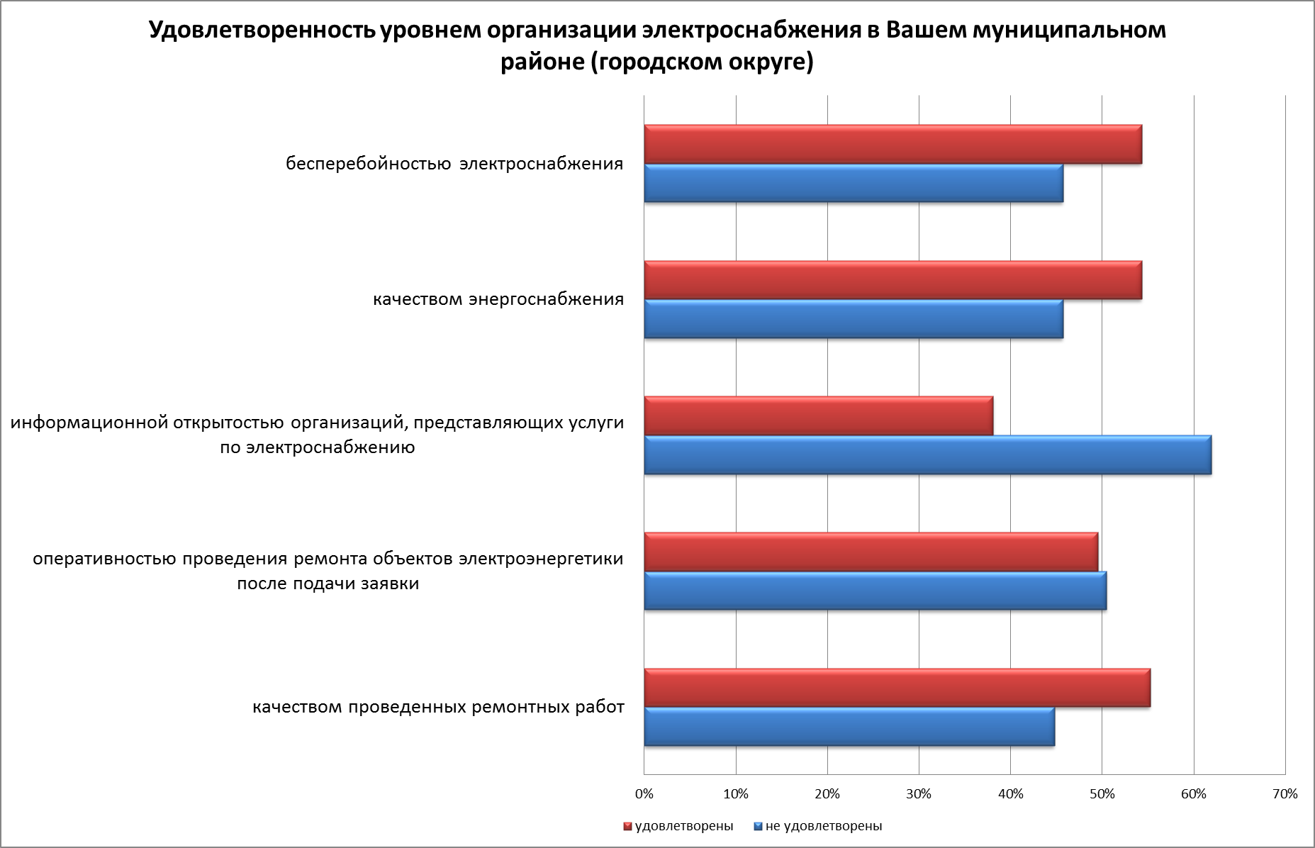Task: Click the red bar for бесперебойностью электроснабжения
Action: pyautogui.click(x=892, y=145)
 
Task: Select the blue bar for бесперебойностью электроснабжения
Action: pyautogui.click(x=854, y=184)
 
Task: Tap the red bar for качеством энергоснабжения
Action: pyautogui.click(x=892, y=281)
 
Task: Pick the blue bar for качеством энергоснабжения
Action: pyautogui.click(x=854, y=319)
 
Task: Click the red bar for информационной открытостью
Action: pyautogui.click(x=818, y=416)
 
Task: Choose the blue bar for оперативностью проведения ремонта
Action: pyautogui.click(x=875, y=591)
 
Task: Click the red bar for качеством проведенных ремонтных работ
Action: pyautogui.click(x=897, y=688)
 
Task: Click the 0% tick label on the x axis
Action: pyautogui.click(x=644, y=794)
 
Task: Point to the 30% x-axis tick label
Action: pyautogui.click(x=919, y=794)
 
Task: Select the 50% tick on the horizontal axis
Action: pyautogui.click(x=1102, y=794)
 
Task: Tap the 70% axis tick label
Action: pyautogui.click(x=1285, y=794)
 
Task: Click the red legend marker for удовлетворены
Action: pyautogui.click(x=627, y=827)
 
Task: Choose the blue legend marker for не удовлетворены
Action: pyautogui.click(x=758, y=827)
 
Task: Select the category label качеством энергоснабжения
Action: pyautogui.click(x=498, y=299)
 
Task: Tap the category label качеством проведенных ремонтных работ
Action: pyautogui.click(x=438, y=708)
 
